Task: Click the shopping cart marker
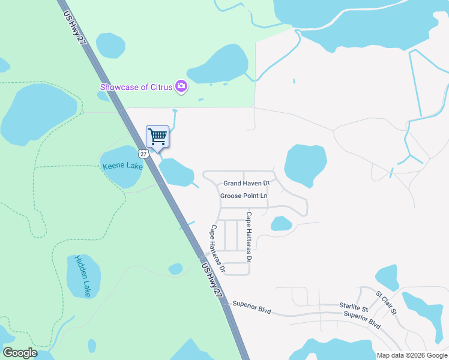157,136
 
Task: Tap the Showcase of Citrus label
136,87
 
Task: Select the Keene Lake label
122,166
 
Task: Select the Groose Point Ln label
244,196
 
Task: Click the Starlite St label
353,306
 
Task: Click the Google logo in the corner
20,353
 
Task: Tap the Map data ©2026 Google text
412,355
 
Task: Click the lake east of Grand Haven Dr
306,164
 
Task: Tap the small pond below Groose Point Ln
281,224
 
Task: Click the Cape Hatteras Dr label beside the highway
217,249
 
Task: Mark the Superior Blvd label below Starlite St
363,319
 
